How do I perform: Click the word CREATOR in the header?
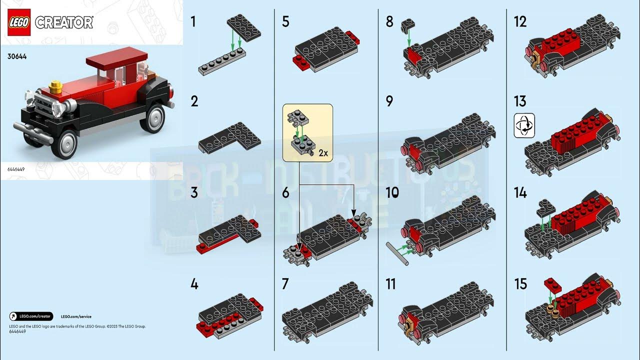64,23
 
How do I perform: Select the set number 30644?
17,57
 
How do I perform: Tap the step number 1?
193,21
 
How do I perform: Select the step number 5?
285,22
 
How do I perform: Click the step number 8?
389,22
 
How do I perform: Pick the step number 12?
520,22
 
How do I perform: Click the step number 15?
520,284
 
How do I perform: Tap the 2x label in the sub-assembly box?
322,153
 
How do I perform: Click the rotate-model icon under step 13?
524,125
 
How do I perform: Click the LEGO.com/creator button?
31,316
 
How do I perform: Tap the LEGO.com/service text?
76,316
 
